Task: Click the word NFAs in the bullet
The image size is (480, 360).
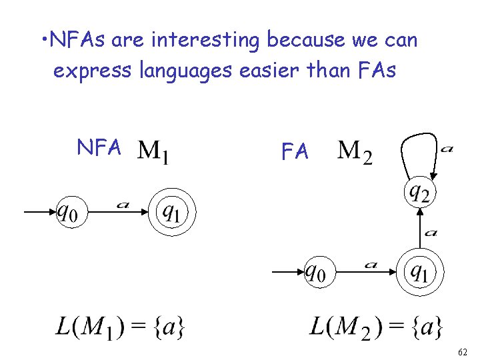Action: (x=79, y=41)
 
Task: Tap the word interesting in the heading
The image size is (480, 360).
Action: (x=205, y=41)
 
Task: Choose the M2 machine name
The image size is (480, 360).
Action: (x=355, y=152)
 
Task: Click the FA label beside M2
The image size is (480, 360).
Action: (x=295, y=152)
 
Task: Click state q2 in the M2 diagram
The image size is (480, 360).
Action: (x=420, y=193)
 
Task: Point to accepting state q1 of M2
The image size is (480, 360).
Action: (x=419, y=273)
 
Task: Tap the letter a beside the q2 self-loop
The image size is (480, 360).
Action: (x=446, y=149)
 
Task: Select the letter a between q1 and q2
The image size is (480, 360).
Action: (x=431, y=233)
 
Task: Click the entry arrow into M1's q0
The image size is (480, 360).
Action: (x=40, y=213)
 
